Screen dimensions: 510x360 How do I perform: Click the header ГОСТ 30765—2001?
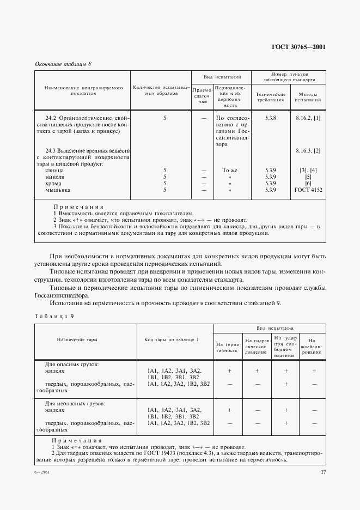298,46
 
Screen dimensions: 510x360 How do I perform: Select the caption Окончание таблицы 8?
63,64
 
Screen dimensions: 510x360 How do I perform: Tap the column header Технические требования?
271,97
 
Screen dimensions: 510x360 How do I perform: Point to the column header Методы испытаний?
308,97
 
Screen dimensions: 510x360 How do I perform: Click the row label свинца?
55,171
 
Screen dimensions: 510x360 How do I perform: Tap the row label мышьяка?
58,190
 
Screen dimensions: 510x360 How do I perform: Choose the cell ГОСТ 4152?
308,190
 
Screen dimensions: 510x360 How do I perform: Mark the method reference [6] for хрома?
308,184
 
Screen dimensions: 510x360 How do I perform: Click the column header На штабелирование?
313,344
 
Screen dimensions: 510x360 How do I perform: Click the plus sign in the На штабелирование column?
314,371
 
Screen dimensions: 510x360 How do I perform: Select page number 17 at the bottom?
322,472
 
